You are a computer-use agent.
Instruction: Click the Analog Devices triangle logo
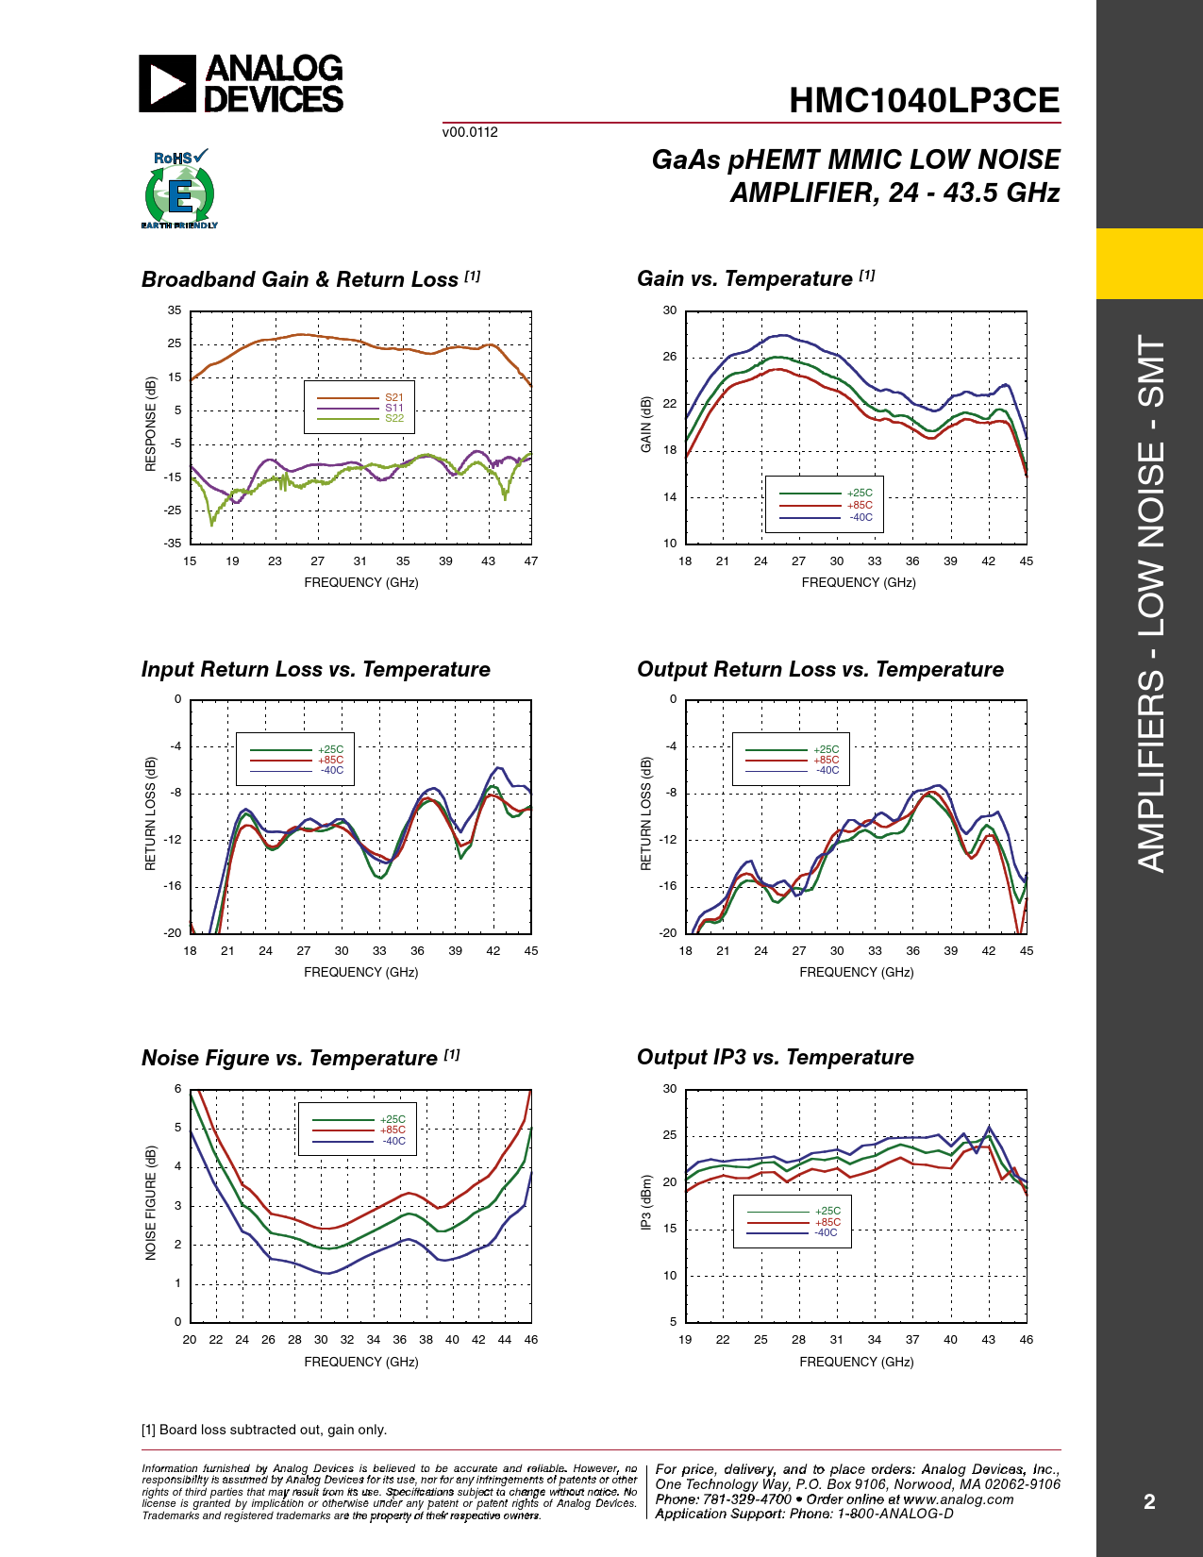[x=167, y=84]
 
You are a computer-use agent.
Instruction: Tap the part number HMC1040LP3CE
[x=924, y=100]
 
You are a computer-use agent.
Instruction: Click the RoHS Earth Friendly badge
[x=179, y=189]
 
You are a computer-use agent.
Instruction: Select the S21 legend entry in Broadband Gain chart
[x=359, y=397]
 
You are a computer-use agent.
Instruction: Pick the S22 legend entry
[x=359, y=418]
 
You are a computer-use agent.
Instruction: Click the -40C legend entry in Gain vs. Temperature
[x=826, y=517]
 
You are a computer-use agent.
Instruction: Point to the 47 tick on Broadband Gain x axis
[x=530, y=561]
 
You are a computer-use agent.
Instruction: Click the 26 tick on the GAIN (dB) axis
[x=669, y=357]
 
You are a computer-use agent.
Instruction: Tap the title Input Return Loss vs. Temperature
[x=316, y=669]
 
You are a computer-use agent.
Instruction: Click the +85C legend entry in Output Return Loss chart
[x=792, y=760]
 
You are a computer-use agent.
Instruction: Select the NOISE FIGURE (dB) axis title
[x=150, y=1203]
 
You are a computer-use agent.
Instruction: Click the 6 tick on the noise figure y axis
[x=177, y=1089]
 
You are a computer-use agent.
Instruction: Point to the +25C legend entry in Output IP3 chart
[x=794, y=1211]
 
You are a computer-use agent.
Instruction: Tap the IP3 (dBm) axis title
[x=646, y=1203]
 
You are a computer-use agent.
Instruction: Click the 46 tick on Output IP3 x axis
[x=1026, y=1339]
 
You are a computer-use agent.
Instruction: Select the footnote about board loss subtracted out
[x=263, y=1430]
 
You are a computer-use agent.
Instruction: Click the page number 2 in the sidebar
[x=1149, y=1501]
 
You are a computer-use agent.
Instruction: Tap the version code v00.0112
[x=470, y=132]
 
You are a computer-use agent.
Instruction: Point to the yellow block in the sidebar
[x=1149, y=263]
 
